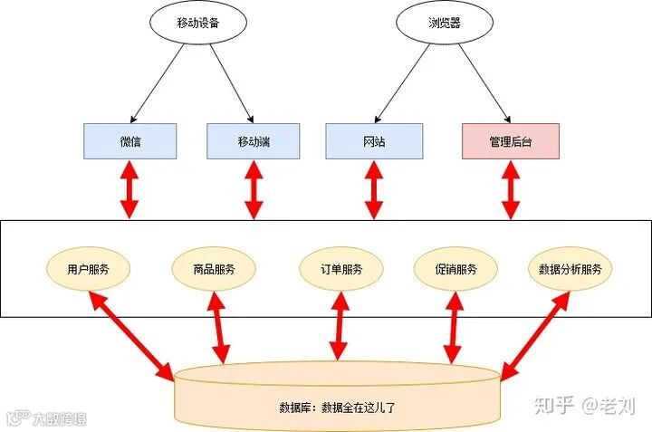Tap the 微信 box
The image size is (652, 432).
pyautogui.click(x=130, y=141)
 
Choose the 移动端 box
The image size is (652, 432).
pyautogui.click(x=254, y=141)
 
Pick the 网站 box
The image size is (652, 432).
pyautogui.click(x=374, y=141)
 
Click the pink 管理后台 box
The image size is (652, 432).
pyautogui.click(x=510, y=141)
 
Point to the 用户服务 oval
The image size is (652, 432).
pyautogui.click(x=88, y=269)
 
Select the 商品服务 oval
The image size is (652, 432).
pyautogui.click(x=214, y=269)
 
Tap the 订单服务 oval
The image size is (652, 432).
pyautogui.click(x=341, y=269)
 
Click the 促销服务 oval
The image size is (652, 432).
pyautogui.click(x=456, y=269)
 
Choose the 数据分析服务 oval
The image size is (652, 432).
pyautogui.click(x=570, y=269)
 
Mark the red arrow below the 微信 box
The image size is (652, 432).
pyautogui.click(x=130, y=188)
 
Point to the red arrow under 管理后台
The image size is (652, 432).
pyautogui.click(x=510, y=188)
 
